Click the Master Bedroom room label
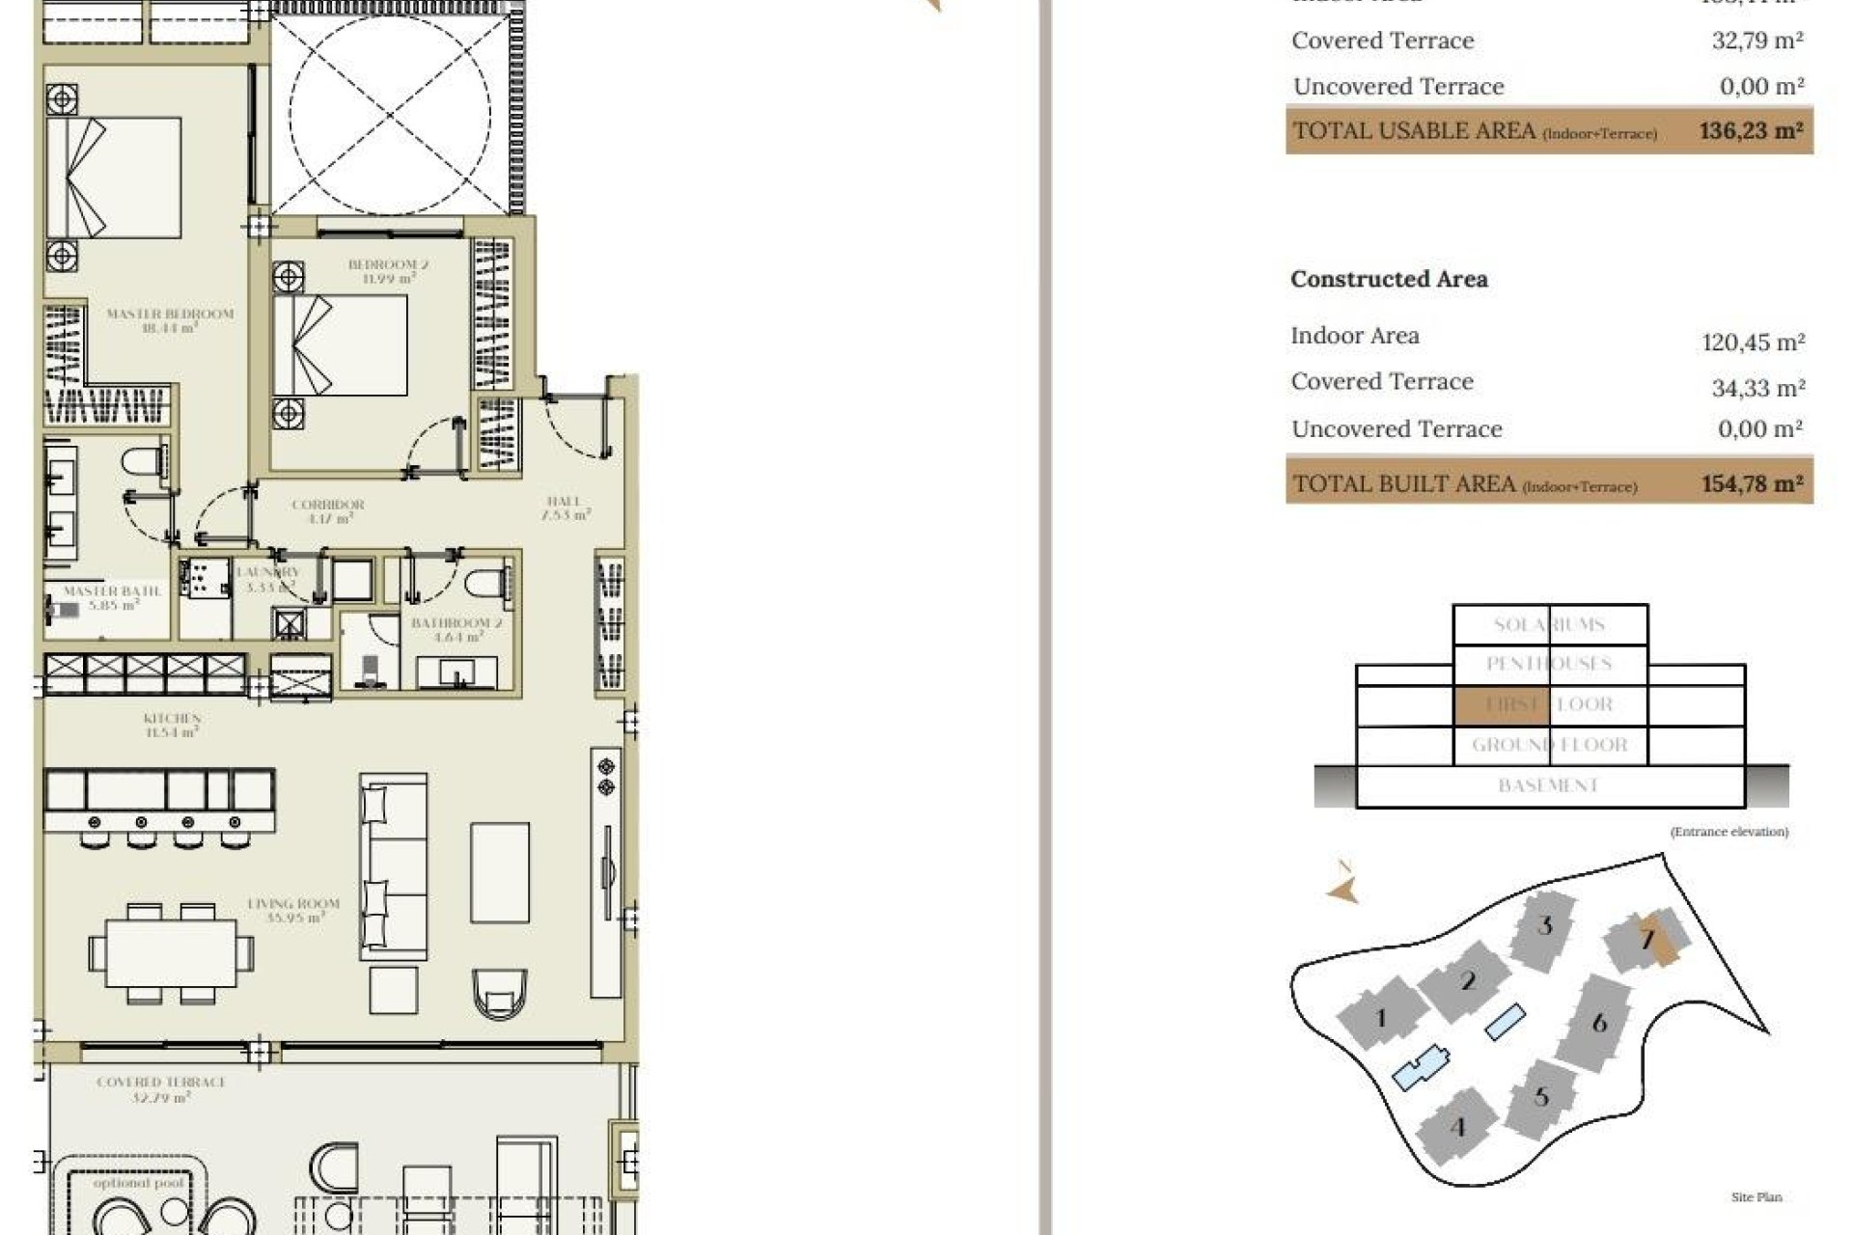pyautogui.click(x=170, y=320)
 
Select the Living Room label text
pyautogui.click(x=293, y=910)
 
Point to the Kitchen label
pyautogui.click(x=172, y=725)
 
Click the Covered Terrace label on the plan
pyautogui.click(x=161, y=1088)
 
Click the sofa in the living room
pyautogui.click(x=393, y=865)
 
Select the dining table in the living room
pyautogui.click(x=171, y=952)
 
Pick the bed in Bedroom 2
pyautogui.click(x=340, y=344)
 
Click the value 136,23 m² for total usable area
pyautogui.click(x=1751, y=130)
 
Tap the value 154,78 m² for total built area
pyautogui.click(x=1752, y=483)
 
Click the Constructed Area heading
pyautogui.click(x=1389, y=279)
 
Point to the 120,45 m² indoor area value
pyautogui.click(x=1753, y=342)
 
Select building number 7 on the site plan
pyautogui.click(x=1647, y=938)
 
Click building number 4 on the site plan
pyautogui.click(x=1457, y=1126)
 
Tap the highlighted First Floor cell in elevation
pyautogui.click(x=1501, y=704)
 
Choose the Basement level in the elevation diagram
pyautogui.click(x=1549, y=785)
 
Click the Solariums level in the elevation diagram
pyautogui.click(x=1549, y=624)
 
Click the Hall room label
pyautogui.click(x=565, y=508)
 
